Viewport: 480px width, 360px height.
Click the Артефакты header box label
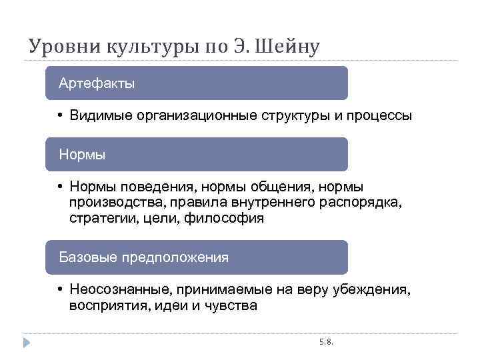pyautogui.click(x=97, y=83)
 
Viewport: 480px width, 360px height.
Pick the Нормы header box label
pyautogui.click(x=82, y=155)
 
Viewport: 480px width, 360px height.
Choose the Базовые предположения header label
pyautogui.click(x=143, y=257)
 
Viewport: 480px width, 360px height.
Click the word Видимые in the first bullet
pyautogui.click(x=101, y=116)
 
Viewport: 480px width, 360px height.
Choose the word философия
pyautogui.click(x=230, y=218)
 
